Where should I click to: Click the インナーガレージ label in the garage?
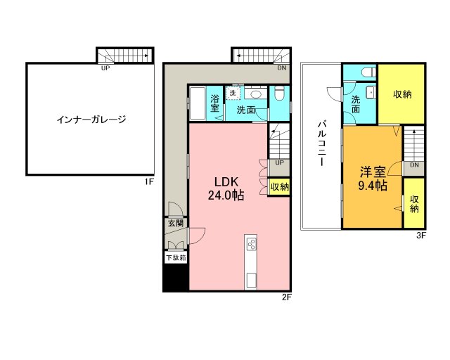point(91,119)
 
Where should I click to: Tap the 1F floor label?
point(148,181)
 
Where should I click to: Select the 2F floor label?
point(287,296)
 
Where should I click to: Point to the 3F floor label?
point(421,236)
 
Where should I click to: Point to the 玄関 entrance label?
point(174,224)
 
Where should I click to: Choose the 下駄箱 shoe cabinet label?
point(175,258)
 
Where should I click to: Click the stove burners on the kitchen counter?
point(252,245)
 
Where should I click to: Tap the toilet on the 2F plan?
point(279,94)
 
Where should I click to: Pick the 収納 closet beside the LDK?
point(279,187)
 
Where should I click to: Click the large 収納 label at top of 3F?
point(401,94)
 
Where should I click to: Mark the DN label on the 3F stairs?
point(414,165)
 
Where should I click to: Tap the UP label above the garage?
point(105,68)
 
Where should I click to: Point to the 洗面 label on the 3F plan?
point(356,104)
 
